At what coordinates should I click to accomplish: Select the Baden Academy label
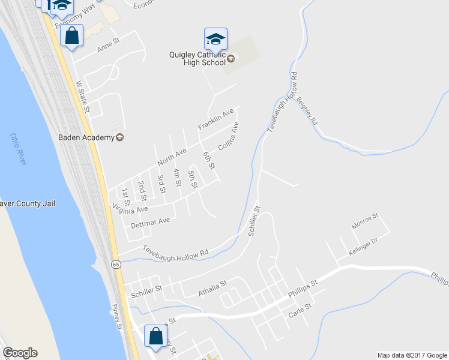coord(86,137)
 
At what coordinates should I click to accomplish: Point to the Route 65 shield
coord(115,263)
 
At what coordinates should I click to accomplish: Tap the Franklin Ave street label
coord(215,120)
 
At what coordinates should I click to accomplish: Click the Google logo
coord(20,353)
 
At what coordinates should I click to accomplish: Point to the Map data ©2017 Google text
coord(412,355)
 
